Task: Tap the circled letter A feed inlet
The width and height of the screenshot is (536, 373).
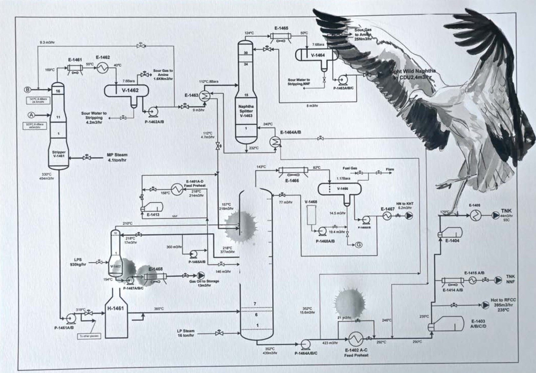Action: click(31, 115)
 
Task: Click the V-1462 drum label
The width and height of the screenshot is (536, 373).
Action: click(130, 90)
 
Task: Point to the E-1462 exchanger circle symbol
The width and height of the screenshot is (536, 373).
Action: click(102, 68)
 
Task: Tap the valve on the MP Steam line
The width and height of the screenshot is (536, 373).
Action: click(86, 157)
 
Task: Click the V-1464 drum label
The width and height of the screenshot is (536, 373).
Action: click(318, 55)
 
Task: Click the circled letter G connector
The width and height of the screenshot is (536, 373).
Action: click(359, 245)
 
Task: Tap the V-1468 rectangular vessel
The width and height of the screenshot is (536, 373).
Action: click(311, 215)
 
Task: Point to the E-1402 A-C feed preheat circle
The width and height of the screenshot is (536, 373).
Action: click(355, 339)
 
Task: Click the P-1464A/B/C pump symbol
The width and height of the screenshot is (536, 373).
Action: click(306, 343)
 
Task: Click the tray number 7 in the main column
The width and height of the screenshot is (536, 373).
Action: click(255, 304)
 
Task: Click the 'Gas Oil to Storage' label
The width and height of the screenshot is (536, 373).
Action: click(204, 281)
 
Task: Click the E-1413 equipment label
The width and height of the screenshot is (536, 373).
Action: click(153, 214)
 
